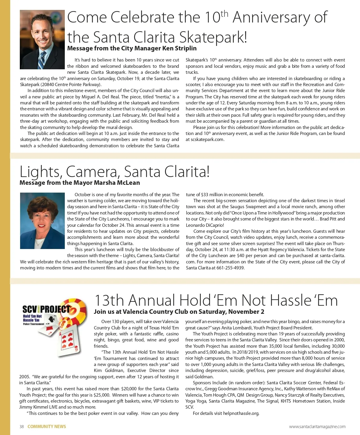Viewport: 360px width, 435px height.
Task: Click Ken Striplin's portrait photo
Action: (x=42, y=40)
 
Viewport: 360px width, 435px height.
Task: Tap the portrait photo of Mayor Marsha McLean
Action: (x=42, y=220)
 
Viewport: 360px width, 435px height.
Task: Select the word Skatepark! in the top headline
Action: (x=213, y=37)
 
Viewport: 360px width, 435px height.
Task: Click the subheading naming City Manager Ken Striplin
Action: (x=132, y=48)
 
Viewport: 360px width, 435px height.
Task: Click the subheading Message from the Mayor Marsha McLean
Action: (x=79, y=183)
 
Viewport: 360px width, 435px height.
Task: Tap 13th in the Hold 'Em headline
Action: (x=109, y=300)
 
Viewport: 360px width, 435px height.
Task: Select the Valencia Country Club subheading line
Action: (x=179, y=312)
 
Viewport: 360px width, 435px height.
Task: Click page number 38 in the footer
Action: (x=22, y=427)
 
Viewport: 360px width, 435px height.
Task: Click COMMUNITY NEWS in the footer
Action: (x=47, y=427)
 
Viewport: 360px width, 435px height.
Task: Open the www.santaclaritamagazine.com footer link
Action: (x=317, y=427)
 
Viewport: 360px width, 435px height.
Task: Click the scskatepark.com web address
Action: (x=207, y=139)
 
